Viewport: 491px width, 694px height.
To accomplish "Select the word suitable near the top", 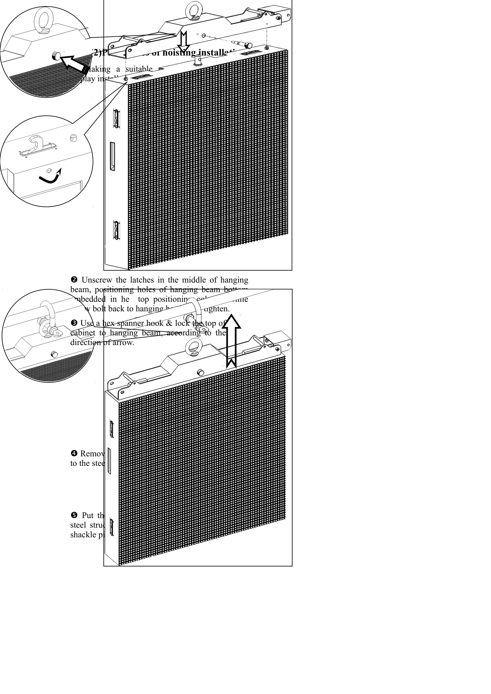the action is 139,69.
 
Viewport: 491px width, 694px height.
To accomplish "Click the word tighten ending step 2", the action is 217,309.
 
